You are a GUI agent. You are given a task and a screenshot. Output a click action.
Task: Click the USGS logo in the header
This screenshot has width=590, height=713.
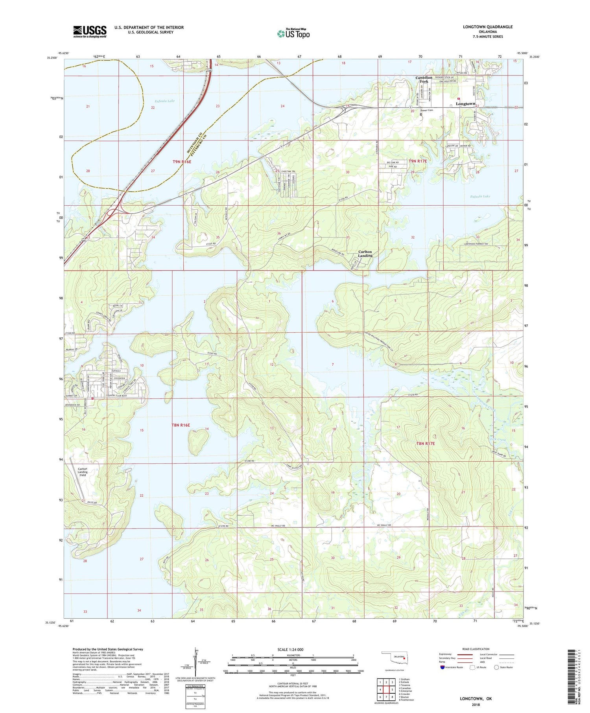pyautogui.click(x=90, y=31)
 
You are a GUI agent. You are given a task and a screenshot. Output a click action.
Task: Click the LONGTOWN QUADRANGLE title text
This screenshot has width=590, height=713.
pyautogui.click(x=487, y=27)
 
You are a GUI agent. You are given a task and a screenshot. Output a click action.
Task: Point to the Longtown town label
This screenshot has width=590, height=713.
pyautogui.click(x=465, y=104)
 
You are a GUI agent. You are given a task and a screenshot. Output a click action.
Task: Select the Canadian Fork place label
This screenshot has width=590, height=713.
pyautogui.click(x=424, y=79)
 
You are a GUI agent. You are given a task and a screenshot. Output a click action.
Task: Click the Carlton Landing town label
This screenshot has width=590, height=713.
pyautogui.click(x=365, y=254)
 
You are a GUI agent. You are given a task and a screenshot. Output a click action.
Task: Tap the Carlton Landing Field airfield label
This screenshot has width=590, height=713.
pyautogui.click(x=82, y=472)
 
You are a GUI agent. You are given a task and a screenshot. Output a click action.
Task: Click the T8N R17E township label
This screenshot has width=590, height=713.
pyautogui.click(x=426, y=444)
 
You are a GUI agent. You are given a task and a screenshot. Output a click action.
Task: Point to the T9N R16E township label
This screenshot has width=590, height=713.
pyautogui.click(x=181, y=162)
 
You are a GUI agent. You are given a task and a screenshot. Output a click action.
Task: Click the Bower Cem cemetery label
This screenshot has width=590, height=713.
pyautogui.click(x=429, y=111)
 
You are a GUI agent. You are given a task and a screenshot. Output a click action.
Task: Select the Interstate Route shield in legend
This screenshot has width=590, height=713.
pyautogui.click(x=443, y=667)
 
